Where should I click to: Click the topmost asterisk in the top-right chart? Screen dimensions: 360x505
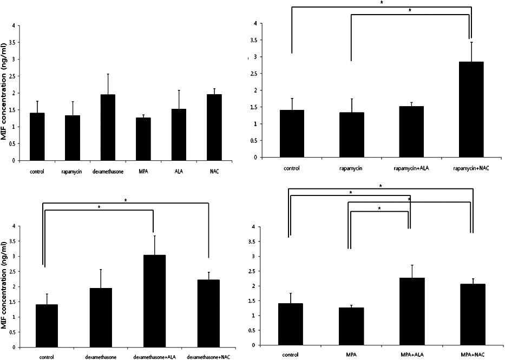[380, 3]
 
